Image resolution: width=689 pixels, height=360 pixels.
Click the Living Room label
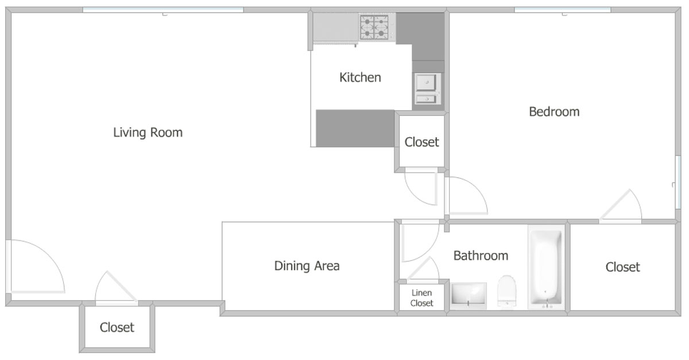[148, 133]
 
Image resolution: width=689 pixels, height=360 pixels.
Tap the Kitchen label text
[360, 78]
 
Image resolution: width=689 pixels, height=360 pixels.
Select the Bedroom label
[554, 112]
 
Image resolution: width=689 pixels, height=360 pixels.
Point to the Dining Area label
[307, 266]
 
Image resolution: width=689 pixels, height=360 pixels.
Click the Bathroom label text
[481, 256]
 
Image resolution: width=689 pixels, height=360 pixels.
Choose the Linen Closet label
[421, 298]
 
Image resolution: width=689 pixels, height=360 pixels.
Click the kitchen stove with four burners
[374, 28]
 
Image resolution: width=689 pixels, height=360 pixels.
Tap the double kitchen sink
[428, 89]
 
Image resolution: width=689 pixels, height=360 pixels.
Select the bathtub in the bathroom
[546, 267]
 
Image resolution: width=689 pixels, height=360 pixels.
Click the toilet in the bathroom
[506, 291]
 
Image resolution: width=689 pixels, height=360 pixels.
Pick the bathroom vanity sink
[468, 295]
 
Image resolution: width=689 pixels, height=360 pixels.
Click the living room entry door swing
[36, 266]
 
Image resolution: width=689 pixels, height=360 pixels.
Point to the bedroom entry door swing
[467, 196]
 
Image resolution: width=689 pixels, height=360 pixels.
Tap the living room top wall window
[163, 10]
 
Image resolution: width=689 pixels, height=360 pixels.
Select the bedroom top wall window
[563, 10]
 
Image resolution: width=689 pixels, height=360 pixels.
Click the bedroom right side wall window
[678, 182]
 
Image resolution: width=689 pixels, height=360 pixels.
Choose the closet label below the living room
[117, 327]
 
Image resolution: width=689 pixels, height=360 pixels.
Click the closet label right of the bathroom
[622, 267]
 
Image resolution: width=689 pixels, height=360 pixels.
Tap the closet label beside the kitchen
[421, 142]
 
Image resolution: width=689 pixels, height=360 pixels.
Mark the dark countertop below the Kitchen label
[355, 128]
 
